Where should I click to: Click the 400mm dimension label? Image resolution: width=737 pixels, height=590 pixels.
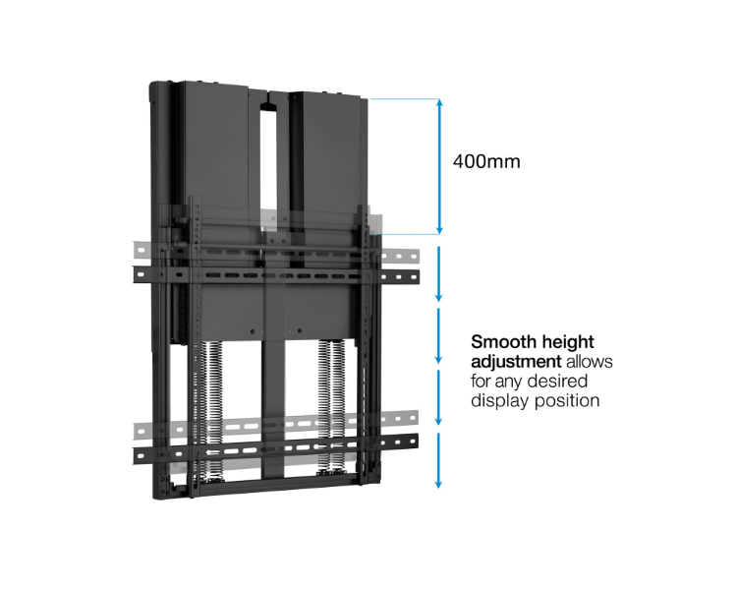[486, 161]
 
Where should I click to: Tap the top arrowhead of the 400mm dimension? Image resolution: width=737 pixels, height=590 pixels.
[439, 102]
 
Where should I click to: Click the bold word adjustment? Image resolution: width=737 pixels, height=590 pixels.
[516, 362]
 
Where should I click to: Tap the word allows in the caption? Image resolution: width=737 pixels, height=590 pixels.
[590, 361]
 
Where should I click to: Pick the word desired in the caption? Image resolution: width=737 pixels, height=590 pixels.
[559, 382]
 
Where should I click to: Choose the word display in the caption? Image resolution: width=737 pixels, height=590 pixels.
[500, 401]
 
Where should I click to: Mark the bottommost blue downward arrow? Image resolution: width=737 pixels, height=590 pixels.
[438, 460]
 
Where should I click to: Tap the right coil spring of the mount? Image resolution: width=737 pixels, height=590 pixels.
[332, 405]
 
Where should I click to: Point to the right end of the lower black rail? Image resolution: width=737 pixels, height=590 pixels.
[414, 441]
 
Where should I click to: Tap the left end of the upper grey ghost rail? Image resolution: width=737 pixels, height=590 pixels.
[140, 250]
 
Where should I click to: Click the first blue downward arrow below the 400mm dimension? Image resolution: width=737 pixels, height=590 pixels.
[438, 273]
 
